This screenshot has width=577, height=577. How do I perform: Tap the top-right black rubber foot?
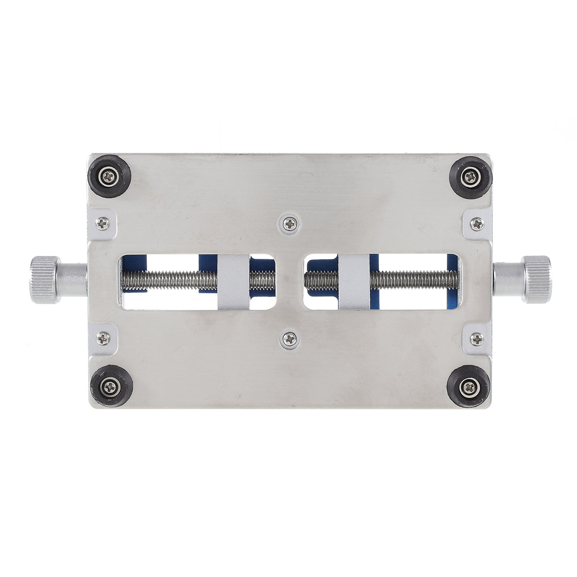click(470, 176)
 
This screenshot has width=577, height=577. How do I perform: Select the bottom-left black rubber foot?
click(112, 385)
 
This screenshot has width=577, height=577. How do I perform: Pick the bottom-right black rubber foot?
click(468, 386)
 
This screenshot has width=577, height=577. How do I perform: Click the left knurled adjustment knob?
click(45, 280)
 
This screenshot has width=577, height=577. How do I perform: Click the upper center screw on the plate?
click(290, 223)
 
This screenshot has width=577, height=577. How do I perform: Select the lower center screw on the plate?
click(290, 339)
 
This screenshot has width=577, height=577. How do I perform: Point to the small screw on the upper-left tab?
click(102, 223)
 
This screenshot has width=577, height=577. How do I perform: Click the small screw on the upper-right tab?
click(477, 223)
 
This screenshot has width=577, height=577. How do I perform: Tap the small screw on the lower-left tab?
click(103, 338)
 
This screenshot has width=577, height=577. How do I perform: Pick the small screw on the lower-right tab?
click(477, 339)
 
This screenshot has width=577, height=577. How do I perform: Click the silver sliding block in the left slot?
click(234, 281)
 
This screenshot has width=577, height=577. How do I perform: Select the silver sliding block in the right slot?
click(354, 281)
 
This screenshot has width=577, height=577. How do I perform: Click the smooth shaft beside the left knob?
click(74, 280)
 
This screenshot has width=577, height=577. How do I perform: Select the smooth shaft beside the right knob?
click(508, 279)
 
